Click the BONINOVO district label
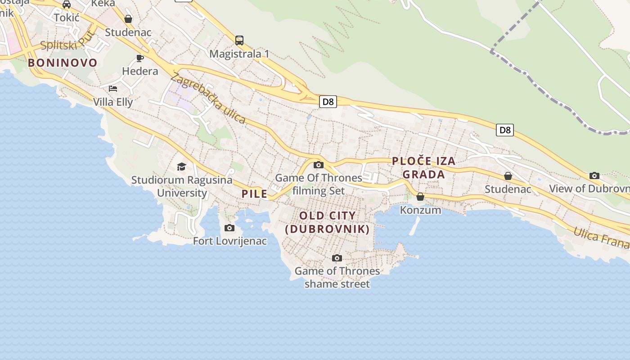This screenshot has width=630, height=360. coord(63,63)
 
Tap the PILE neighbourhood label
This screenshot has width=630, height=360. coord(254,194)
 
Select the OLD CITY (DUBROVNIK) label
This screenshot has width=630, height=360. coord(328,222)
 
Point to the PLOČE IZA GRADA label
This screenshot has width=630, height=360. coord(423,167)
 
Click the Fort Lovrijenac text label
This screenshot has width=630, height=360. coord(230,241)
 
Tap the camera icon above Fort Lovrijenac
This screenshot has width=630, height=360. coord(229,228)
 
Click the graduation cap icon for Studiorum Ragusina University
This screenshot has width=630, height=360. coord(181,166)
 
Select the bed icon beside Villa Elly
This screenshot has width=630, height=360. coord(113,88)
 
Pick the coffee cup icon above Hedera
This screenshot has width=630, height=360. coord(140,58)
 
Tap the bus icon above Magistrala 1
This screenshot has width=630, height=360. coord(239,40)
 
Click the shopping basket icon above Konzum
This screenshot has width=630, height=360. coord(420,197)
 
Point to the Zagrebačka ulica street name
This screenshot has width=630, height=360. coord(208,98)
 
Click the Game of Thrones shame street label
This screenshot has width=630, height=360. coord(337,277)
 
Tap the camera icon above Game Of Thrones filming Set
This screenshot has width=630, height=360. coord(319,165)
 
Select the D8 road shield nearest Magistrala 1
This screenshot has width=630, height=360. coord(328,102)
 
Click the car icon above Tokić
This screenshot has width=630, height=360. coord(67,4)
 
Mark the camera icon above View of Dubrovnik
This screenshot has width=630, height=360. coord(594,175)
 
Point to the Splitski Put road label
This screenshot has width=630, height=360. coord(67,41)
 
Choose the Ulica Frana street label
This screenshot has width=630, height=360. coord(601,236)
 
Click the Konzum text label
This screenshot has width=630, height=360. coord(420,210)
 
